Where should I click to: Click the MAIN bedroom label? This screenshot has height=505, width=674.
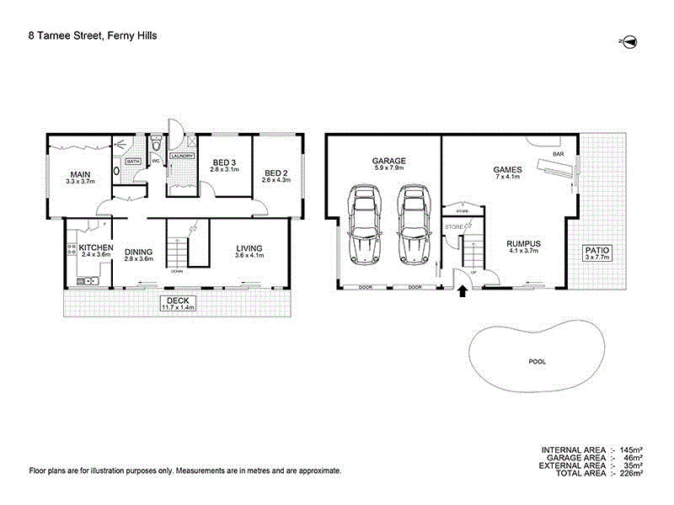(81, 174)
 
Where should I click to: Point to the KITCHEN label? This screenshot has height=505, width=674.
(96, 247)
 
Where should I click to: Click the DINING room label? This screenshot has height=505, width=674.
(138, 250)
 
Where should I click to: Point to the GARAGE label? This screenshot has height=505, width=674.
(389, 161)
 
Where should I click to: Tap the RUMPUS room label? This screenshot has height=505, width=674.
(523, 244)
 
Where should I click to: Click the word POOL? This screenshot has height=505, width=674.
(538, 361)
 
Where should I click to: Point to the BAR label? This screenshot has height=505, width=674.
(559, 154)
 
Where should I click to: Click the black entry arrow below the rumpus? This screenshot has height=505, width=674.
(462, 292)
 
